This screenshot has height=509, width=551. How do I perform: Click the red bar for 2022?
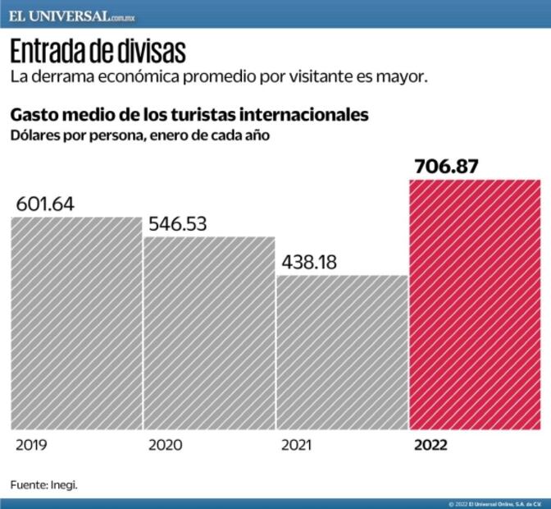point(475,304)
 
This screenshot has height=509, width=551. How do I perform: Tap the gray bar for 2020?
point(209,332)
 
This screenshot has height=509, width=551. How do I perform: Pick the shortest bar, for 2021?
point(342,352)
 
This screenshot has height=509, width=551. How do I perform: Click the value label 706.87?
point(446,167)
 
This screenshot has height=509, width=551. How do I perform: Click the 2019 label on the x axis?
point(31,446)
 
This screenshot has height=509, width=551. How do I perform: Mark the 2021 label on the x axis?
point(296,446)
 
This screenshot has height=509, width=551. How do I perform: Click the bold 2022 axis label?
point(430,446)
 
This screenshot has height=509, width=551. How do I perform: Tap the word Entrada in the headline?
point(48,52)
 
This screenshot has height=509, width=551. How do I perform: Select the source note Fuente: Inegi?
point(43,484)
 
